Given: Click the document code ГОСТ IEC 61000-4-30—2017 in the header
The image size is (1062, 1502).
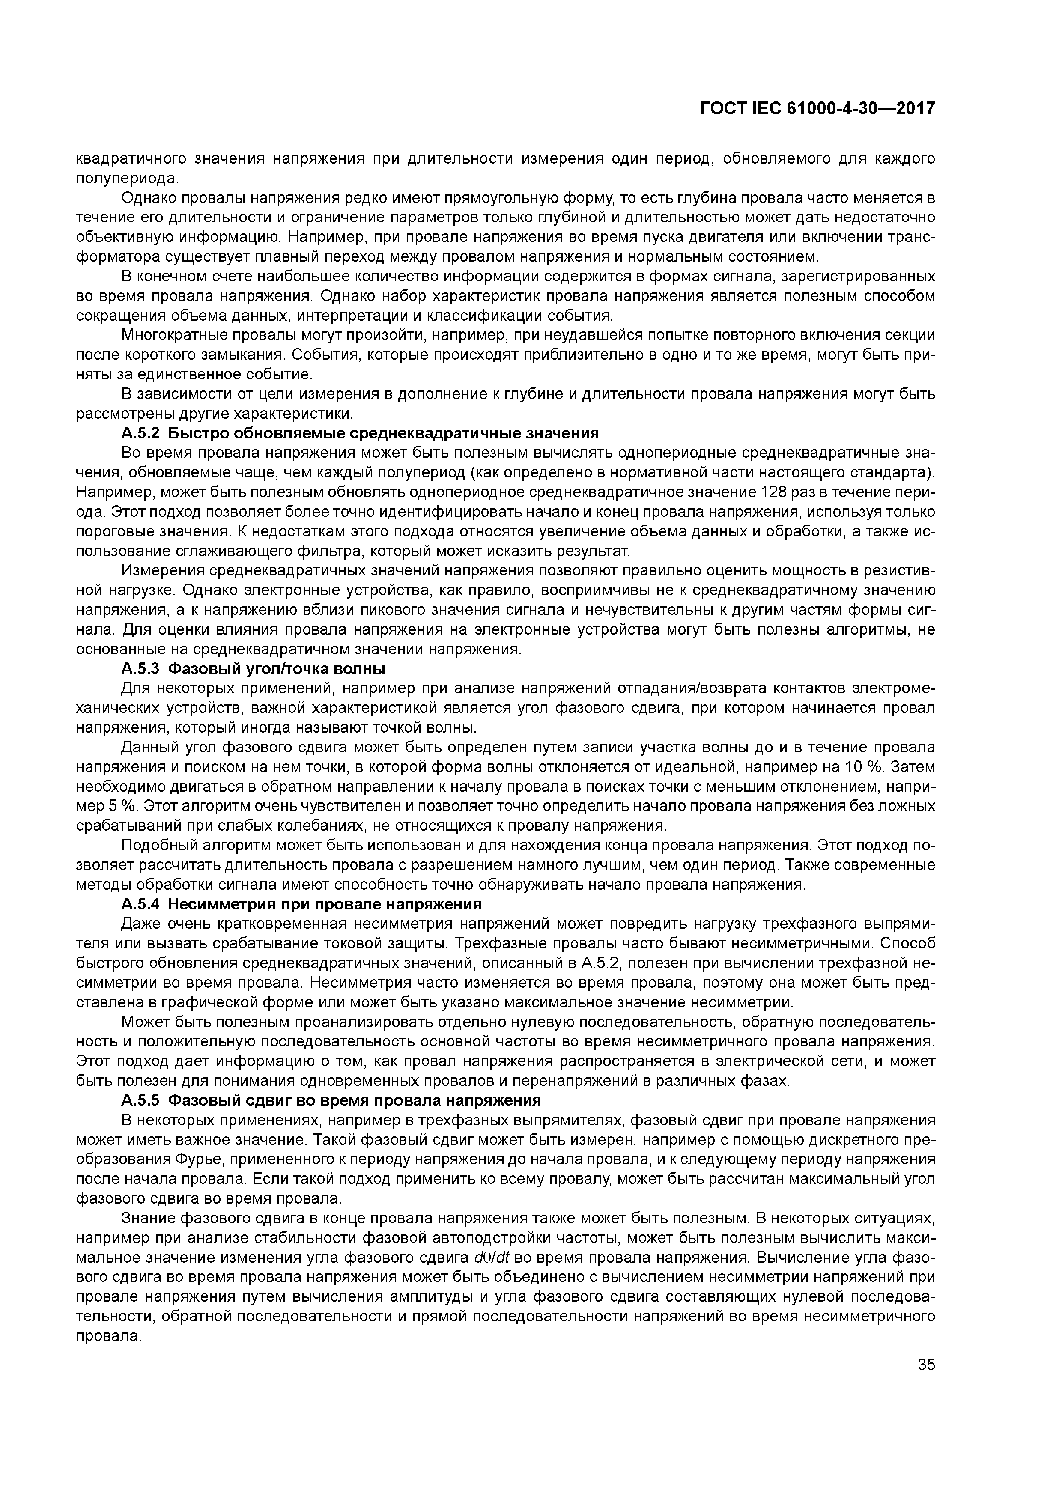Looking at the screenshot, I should [817, 109].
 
